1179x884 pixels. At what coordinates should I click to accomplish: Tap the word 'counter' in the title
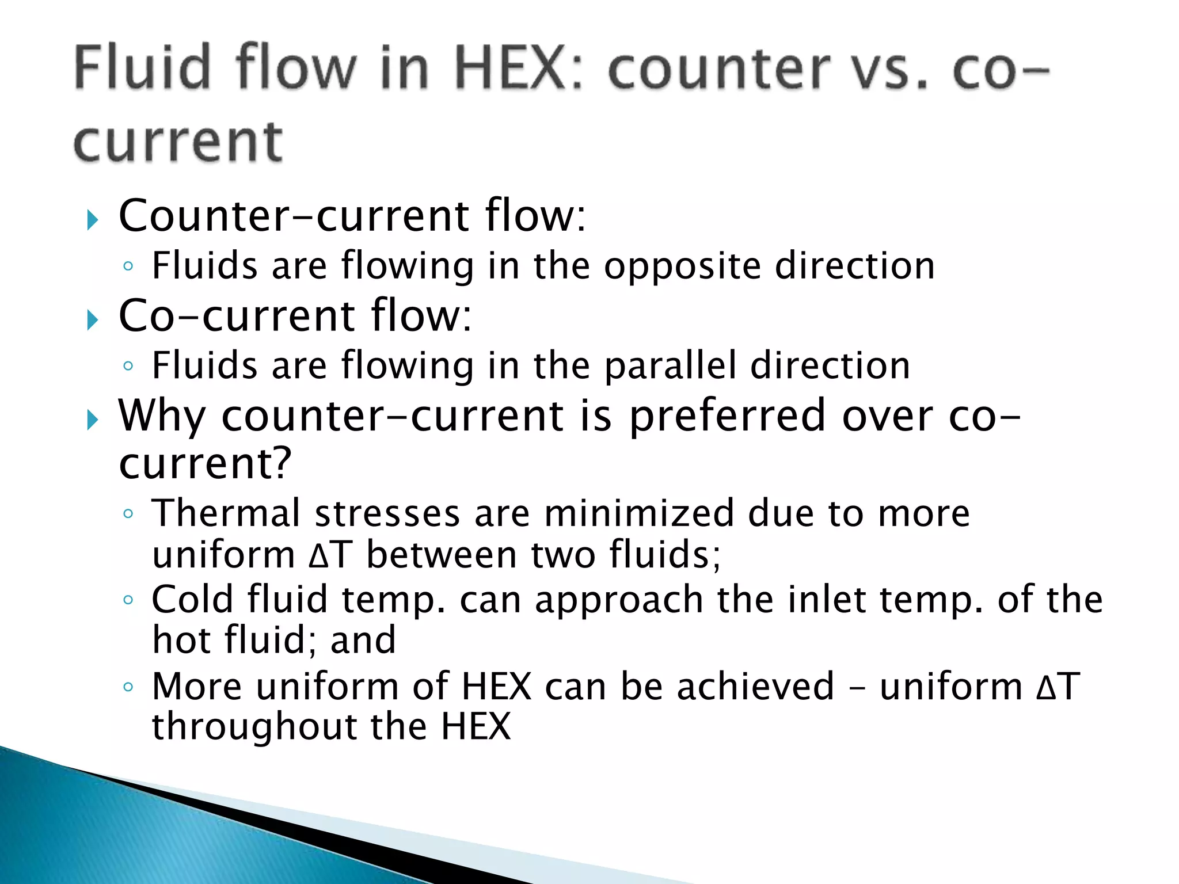click(x=719, y=70)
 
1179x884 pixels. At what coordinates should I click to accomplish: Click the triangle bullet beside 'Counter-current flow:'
click(x=93, y=220)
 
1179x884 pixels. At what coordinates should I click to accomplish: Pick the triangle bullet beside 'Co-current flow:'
click(x=93, y=319)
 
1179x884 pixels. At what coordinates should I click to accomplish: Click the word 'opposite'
click(x=682, y=267)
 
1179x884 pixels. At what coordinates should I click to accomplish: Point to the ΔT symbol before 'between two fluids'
click(x=330, y=555)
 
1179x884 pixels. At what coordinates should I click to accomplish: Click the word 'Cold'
click(x=192, y=600)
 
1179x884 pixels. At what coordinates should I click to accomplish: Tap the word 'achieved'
click(x=755, y=687)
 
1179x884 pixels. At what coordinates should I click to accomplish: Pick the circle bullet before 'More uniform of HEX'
click(x=128, y=687)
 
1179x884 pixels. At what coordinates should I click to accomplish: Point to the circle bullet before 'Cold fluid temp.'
click(x=128, y=600)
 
